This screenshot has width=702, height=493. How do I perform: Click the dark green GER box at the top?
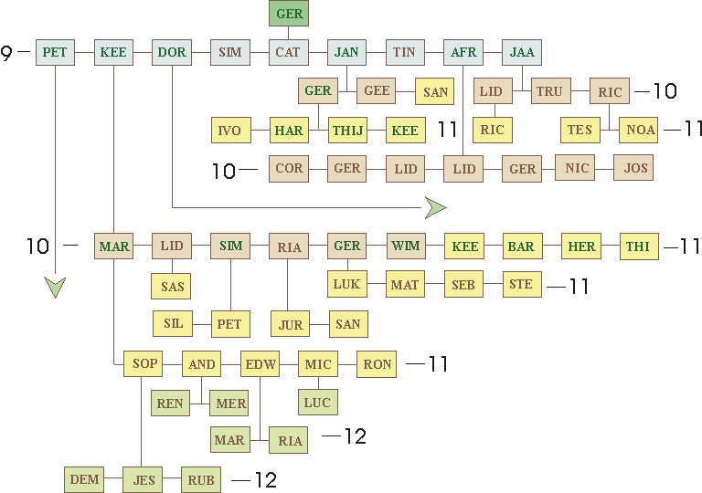tap(289, 14)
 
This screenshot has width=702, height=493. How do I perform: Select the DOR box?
tap(172, 52)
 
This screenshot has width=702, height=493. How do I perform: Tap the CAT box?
tap(289, 52)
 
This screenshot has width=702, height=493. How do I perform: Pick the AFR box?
tap(463, 52)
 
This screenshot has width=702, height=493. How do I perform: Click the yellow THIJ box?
tap(347, 131)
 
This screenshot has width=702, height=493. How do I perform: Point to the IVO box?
tap(229, 131)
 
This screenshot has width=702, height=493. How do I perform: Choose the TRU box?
tap(549, 91)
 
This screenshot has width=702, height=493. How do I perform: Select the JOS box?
tap(633, 168)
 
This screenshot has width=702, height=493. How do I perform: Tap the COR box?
tap(289, 169)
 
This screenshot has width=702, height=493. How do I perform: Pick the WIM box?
tap(405, 246)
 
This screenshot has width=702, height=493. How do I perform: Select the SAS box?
tap(172, 286)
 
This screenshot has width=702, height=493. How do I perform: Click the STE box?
tap(521, 284)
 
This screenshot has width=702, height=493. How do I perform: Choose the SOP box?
tap(145, 363)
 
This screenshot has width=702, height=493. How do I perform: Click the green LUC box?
tap(317, 402)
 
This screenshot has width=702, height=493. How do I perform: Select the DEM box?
tap(84, 478)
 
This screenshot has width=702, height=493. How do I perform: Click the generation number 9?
tap(7, 53)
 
